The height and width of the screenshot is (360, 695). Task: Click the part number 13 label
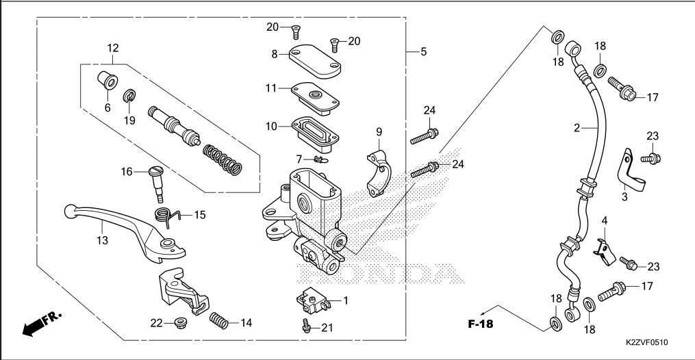pos(102,240)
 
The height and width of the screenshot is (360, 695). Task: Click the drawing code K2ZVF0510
pos(646,342)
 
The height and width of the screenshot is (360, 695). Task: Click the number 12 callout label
pos(113,48)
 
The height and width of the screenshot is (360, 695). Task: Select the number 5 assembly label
pos(424,51)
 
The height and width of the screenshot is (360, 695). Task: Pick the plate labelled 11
pos(316,95)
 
